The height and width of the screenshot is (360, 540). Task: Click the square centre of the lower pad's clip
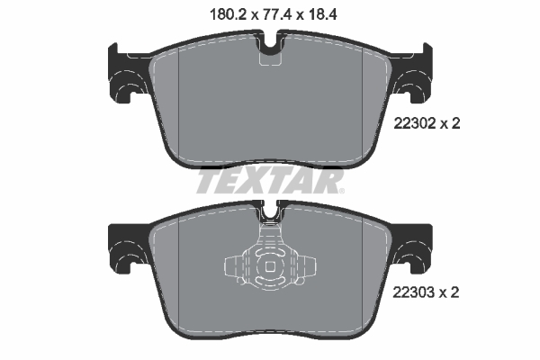tap(271, 266)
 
